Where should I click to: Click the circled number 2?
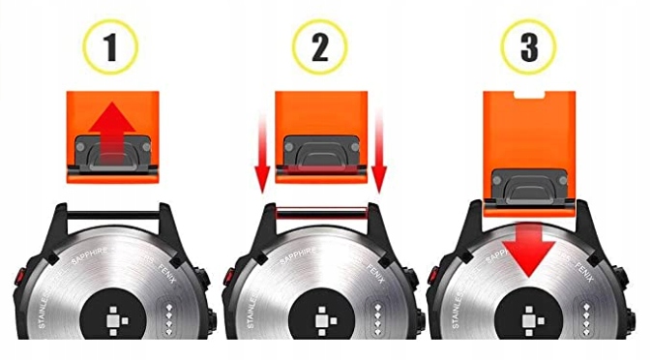[319, 47]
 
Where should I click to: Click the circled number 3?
[527, 47]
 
